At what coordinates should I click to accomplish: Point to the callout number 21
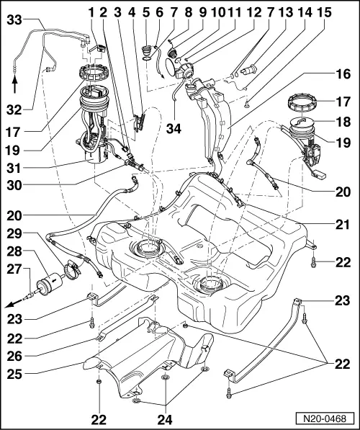point(343,225)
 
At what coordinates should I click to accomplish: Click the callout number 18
point(343,123)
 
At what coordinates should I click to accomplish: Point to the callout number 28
point(14,251)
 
